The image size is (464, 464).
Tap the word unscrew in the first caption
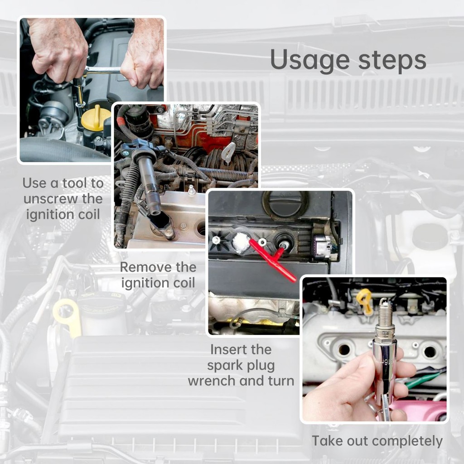(51, 199)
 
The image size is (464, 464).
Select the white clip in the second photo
(228, 153)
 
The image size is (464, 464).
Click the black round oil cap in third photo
(285, 203)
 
